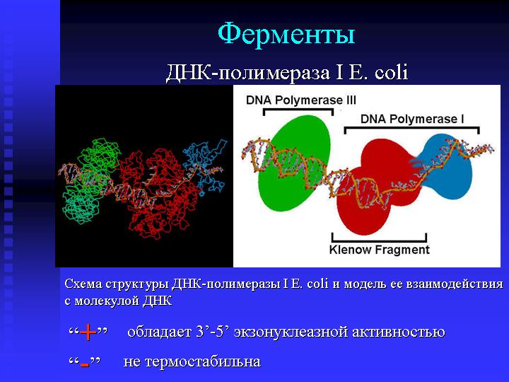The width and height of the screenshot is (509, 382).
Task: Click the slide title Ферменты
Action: point(286,34)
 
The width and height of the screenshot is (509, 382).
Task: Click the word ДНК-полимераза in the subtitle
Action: point(248,72)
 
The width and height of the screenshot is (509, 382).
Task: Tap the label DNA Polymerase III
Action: point(301,100)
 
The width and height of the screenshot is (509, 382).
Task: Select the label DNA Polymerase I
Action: point(412,119)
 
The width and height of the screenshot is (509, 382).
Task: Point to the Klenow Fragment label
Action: point(379,250)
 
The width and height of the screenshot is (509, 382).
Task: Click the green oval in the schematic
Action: point(294,163)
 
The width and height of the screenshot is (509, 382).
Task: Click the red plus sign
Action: point(88,332)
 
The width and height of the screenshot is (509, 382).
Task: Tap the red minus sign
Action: point(84,364)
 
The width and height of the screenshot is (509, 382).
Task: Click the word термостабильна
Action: point(203,361)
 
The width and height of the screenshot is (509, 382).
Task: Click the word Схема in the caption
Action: point(83,284)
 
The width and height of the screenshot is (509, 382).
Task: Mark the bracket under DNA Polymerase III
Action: point(298,110)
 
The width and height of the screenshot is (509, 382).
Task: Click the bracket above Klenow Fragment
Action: point(379,241)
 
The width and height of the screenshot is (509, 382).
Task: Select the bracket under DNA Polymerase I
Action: point(412,128)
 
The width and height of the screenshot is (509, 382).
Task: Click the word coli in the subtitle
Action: point(391,72)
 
